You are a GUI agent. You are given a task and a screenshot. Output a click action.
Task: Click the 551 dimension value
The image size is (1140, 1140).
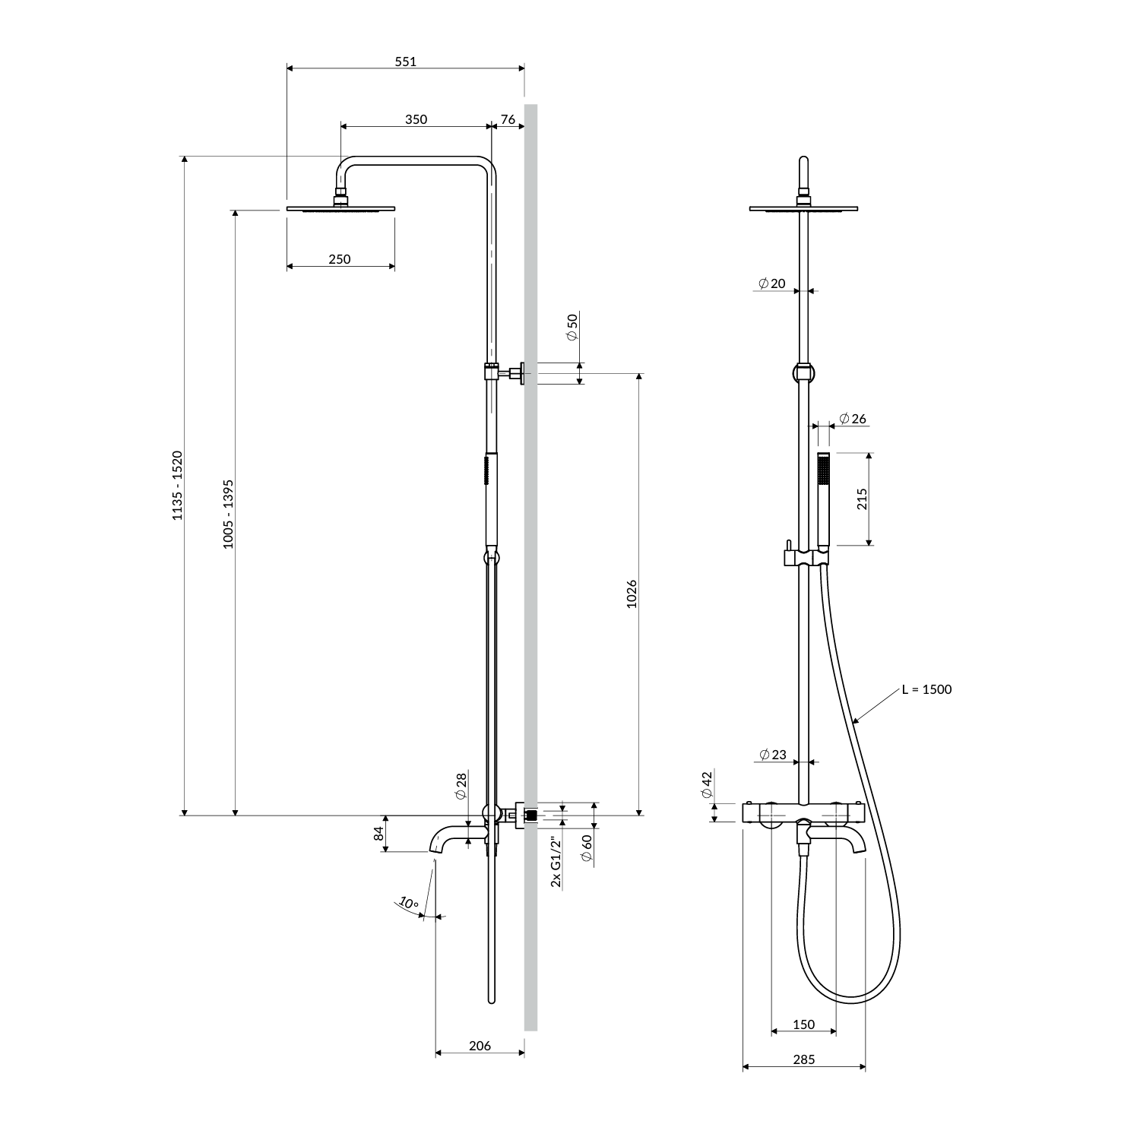[x=405, y=62]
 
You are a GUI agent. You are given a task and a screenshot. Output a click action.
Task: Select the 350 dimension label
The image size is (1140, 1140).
[x=416, y=119]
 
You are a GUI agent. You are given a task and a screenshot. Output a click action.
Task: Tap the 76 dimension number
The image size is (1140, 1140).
[x=508, y=119]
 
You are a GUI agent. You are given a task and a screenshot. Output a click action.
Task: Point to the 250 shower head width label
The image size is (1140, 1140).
[x=340, y=259]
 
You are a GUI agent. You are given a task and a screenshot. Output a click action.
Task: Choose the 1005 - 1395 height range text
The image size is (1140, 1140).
[x=228, y=515]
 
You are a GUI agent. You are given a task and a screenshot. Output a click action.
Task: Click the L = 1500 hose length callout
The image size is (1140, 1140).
[x=926, y=689]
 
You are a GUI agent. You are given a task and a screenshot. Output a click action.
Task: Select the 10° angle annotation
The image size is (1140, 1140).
[x=409, y=903]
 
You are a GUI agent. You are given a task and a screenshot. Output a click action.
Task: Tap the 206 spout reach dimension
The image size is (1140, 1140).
[x=480, y=1046]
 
